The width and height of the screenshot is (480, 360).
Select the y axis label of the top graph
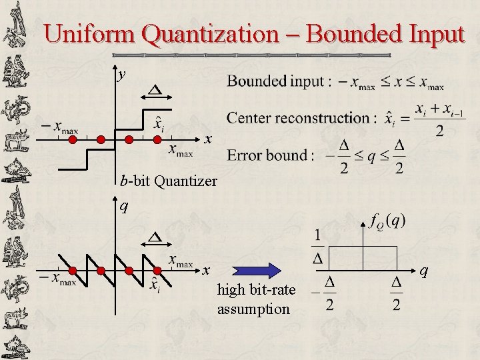click(x=121, y=74)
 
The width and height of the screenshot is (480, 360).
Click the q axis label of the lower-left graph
click(x=123, y=206)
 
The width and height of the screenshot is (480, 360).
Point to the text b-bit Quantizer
click(x=169, y=180)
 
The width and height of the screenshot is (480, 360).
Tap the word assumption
click(x=253, y=309)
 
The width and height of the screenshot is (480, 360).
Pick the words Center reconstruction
click(x=297, y=118)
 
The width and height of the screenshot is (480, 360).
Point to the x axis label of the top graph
click(x=208, y=139)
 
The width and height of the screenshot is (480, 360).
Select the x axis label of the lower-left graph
click(x=207, y=271)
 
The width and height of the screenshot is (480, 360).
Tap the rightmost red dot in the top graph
click(x=157, y=139)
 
